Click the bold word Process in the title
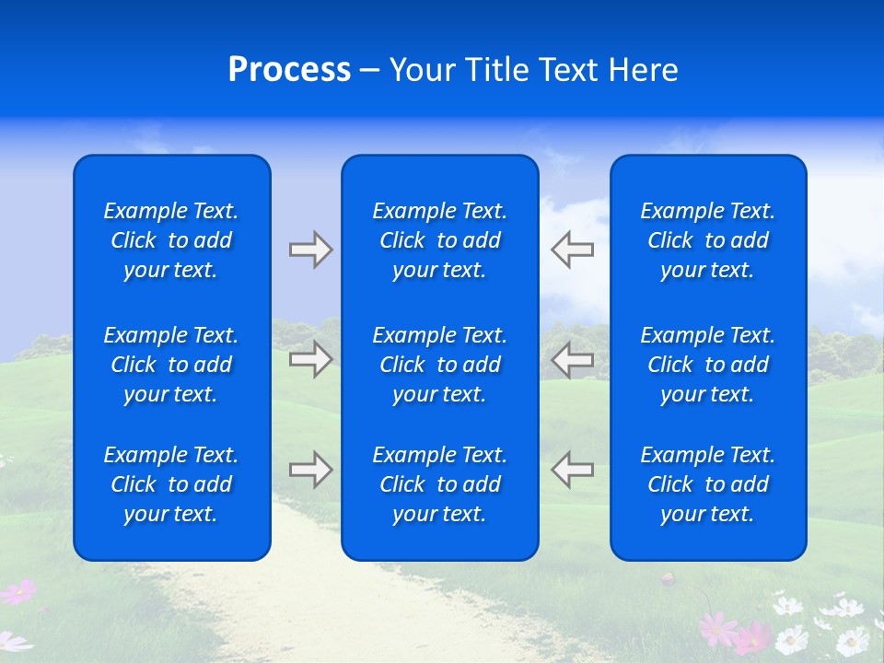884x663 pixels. click(x=289, y=70)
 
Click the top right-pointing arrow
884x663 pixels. click(x=310, y=250)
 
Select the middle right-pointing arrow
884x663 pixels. click(x=310, y=359)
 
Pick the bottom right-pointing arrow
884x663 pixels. click(x=310, y=470)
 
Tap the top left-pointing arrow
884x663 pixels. click(x=573, y=250)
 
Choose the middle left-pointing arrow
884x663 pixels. click(x=573, y=359)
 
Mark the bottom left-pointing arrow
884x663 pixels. click(x=573, y=470)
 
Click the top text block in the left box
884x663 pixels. click(x=171, y=240)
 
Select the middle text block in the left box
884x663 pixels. click(x=171, y=365)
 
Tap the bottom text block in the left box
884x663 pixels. click(x=171, y=484)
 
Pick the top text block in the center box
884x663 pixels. click(x=440, y=240)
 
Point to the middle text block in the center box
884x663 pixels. click(x=440, y=365)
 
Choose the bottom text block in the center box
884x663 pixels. click(x=440, y=484)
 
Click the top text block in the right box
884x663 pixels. click(x=708, y=240)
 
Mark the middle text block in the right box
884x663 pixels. click(x=708, y=365)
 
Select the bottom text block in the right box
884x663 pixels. click(x=708, y=484)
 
